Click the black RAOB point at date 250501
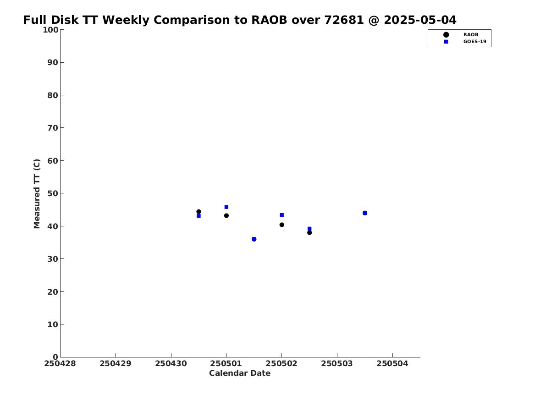pyautogui.click(x=226, y=215)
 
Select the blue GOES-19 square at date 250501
pyautogui.click(x=226, y=207)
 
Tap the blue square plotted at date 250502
pyautogui.click(x=282, y=215)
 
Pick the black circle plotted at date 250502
pyautogui.click(x=282, y=225)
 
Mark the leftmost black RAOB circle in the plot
pyautogui.click(x=199, y=212)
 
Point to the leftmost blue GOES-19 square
pyautogui.click(x=199, y=216)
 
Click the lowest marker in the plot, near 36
pyautogui.click(x=254, y=239)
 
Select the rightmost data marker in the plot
pyautogui.click(x=365, y=213)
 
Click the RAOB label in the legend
pyautogui.click(x=471, y=35)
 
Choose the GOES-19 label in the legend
pyautogui.click(x=474, y=42)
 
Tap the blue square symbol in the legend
pyautogui.click(x=446, y=42)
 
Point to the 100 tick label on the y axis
pyautogui.click(x=50, y=30)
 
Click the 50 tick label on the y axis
pyautogui.click(x=53, y=193)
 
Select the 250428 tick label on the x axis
pyautogui.click(x=60, y=363)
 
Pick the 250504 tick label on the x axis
pyautogui.click(x=392, y=363)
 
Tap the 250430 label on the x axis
pyautogui.click(x=171, y=363)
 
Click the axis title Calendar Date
pyautogui.click(x=240, y=373)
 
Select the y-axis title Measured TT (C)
pyautogui.click(x=37, y=194)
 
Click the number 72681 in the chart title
pyautogui.click(x=344, y=20)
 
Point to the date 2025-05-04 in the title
pyautogui.click(x=420, y=20)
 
